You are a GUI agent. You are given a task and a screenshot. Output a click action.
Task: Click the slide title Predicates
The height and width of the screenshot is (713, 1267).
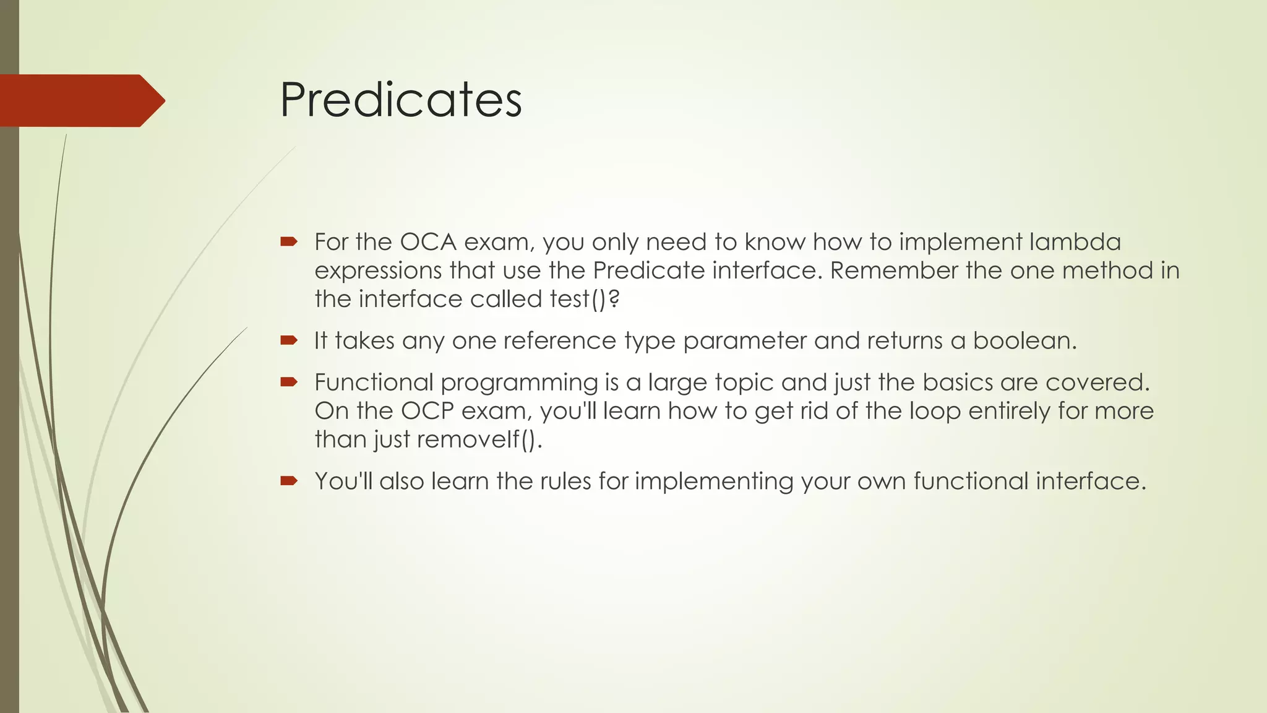401,100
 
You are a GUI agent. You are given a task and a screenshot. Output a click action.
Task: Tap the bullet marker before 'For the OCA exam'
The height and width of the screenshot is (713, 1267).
288,241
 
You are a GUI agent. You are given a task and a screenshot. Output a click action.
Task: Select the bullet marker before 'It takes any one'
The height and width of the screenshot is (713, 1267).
288,340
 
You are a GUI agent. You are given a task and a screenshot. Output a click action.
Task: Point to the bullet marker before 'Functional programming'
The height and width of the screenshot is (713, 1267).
288,381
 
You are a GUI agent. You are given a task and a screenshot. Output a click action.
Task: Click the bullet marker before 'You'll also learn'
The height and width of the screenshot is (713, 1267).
288,480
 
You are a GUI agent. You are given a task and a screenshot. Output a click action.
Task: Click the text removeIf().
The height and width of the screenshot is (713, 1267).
479,439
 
